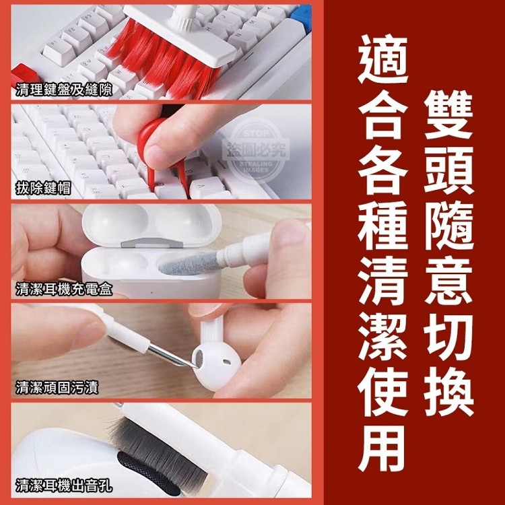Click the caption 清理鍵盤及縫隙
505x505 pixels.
click(x=64, y=89)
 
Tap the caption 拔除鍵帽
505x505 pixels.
click(x=43, y=188)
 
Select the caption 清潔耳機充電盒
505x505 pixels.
click(x=64, y=289)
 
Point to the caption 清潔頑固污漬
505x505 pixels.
click(x=57, y=387)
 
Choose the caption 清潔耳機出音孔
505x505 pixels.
click(x=64, y=485)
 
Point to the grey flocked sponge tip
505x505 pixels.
click(x=189, y=263)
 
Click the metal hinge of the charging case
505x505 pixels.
click(x=151, y=243)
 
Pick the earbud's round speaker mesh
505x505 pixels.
click(x=199, y=358)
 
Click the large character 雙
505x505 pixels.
click(x=448, y=114)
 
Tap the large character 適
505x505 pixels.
click(x=383, y=59)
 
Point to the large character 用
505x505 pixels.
click(x=383, y=448)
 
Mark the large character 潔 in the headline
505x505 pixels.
click(x=383, y=337)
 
